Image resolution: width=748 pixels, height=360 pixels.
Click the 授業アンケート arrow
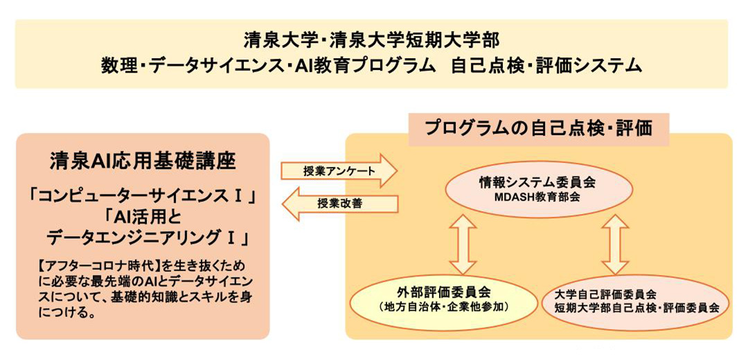(339, 171)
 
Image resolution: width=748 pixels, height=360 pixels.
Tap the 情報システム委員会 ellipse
(539, 189)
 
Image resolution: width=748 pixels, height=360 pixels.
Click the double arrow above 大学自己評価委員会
(614, 244)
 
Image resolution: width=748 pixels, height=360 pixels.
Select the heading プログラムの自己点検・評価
(539, 129)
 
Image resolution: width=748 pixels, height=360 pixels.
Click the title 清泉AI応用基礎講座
(143, 161)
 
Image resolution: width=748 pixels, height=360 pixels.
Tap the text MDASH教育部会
(539, 197)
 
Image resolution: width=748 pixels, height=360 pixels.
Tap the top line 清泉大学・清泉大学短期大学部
(371, 41)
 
